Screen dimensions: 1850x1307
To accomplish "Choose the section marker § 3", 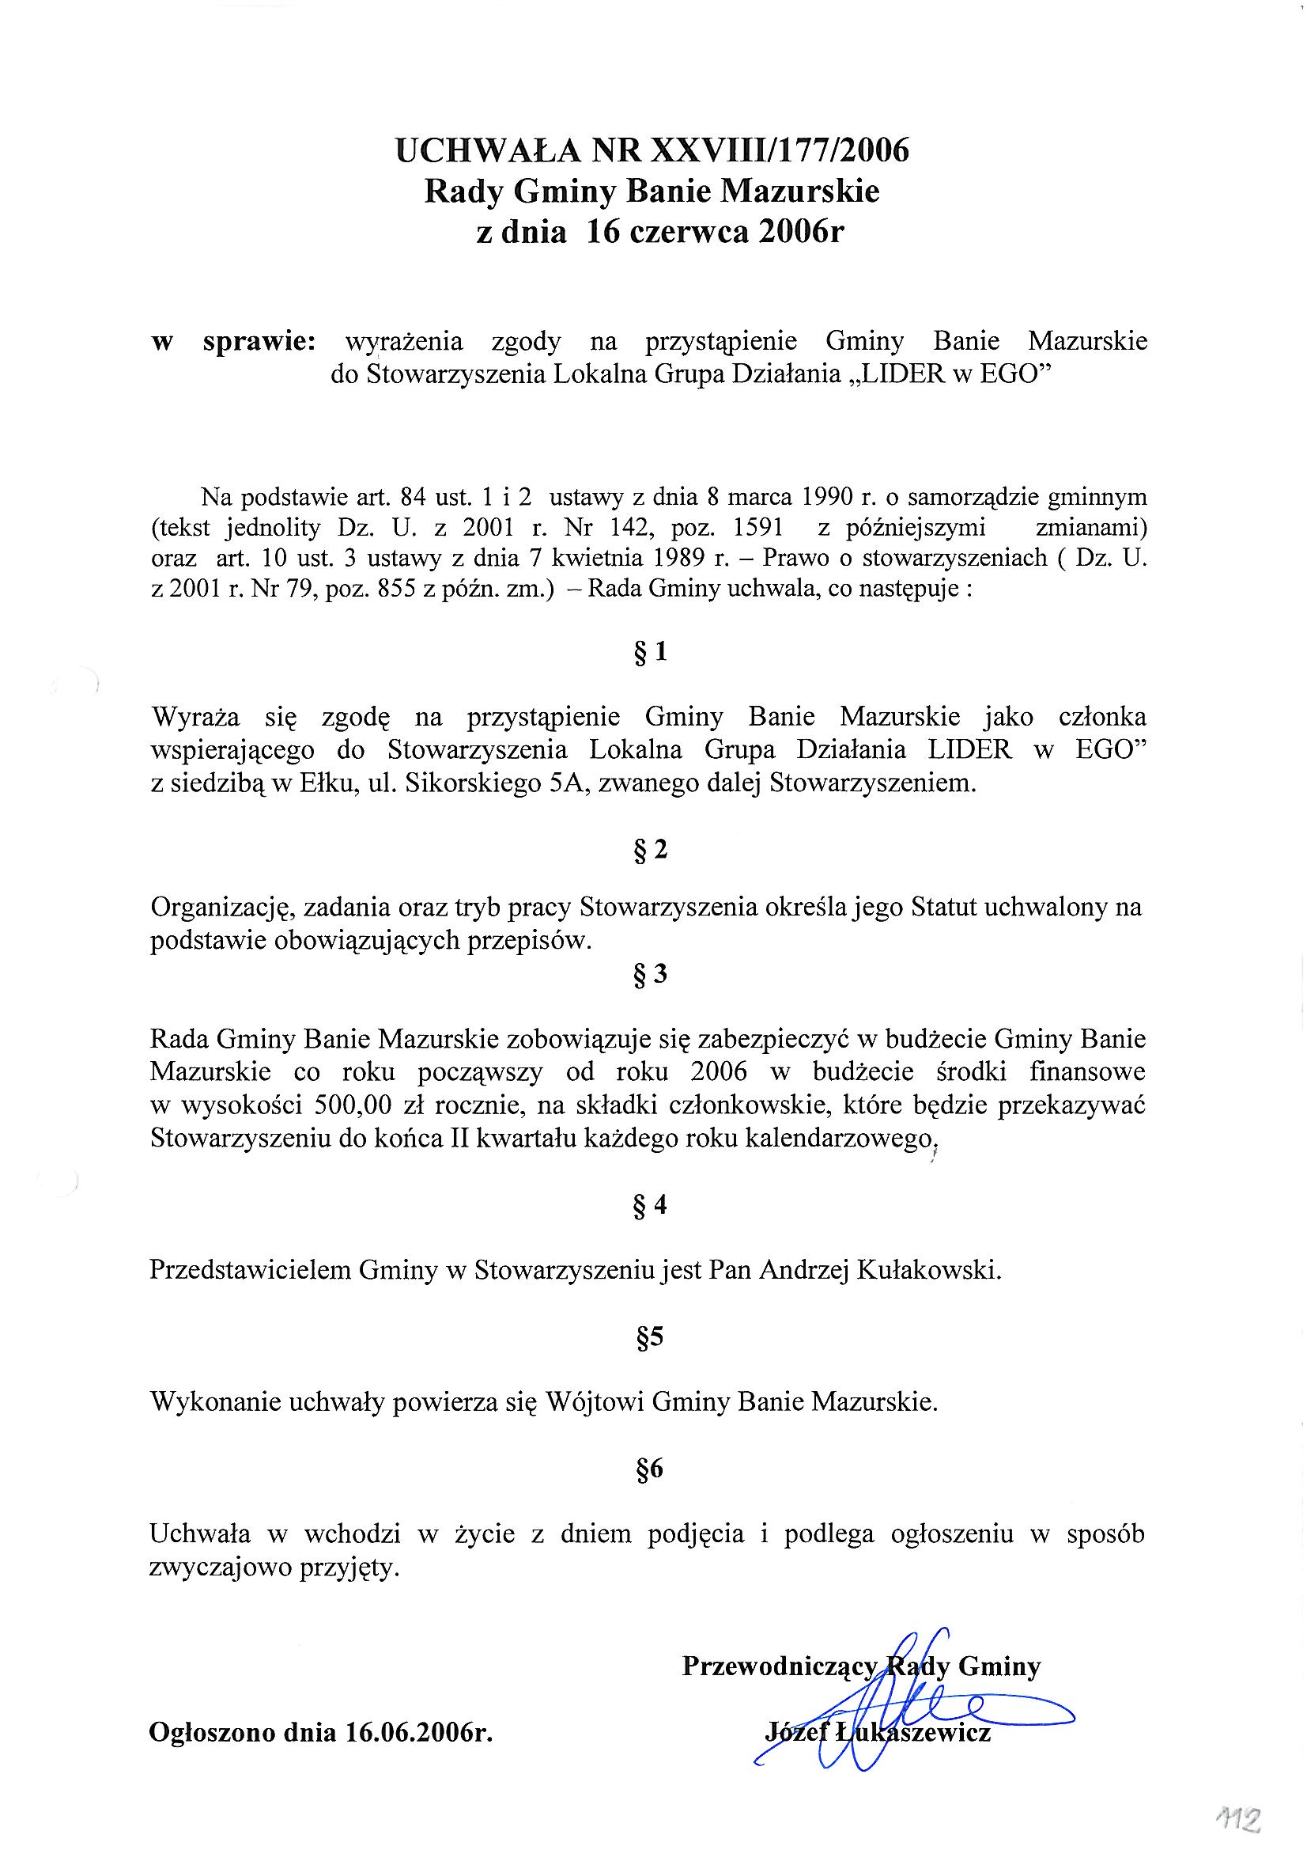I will (651, 975).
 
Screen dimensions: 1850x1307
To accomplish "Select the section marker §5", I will (650, 1338).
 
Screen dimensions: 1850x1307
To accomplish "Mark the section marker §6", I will (650, 1469).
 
